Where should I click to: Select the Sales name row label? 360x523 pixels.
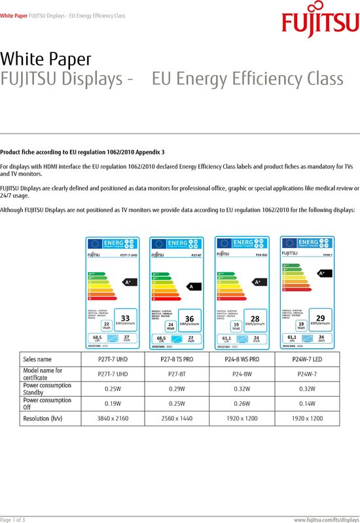[37, 359]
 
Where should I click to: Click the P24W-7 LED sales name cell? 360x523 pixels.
[317, 359]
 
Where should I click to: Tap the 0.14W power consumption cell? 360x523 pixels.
[317, 403]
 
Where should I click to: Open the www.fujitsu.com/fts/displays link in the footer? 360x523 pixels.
[326, 519]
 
